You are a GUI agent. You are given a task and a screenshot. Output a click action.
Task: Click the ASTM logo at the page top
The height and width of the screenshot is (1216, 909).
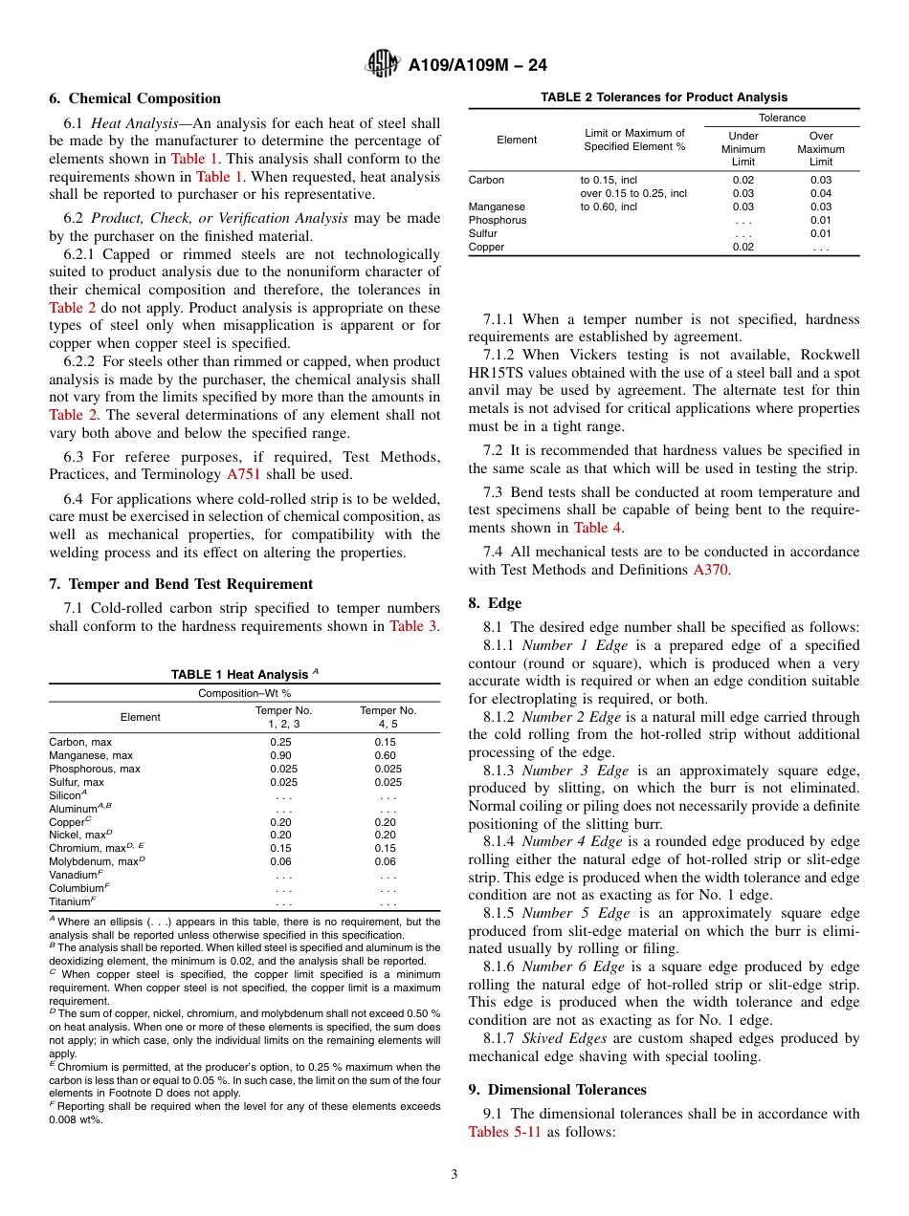[x=384, y=65]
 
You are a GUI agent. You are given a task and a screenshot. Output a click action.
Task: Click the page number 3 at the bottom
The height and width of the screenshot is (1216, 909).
[x=454, y=1174]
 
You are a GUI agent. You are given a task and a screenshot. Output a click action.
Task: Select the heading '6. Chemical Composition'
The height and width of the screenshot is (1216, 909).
[x=135, y=98]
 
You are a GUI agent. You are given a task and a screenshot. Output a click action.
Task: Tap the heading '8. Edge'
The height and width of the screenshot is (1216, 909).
[x=495, y=603]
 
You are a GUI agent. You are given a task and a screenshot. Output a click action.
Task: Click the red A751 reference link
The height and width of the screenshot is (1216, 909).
[x=243, y=474]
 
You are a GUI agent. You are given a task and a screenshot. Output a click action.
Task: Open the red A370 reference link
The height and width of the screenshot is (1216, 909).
[x=710, y=570]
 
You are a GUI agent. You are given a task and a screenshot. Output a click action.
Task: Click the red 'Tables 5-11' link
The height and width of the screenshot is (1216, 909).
[x=505, y=1132]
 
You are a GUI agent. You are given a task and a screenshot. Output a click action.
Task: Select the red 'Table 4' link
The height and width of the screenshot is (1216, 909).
[x=597, y=528]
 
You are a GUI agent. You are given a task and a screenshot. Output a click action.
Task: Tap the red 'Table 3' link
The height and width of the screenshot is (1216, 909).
[x=413, y=626]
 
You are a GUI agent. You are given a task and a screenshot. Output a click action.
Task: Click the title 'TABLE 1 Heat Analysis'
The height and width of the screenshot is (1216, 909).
[x=244, y=675]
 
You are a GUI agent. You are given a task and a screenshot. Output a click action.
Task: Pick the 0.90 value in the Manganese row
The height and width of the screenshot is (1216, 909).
[x=281, y=755]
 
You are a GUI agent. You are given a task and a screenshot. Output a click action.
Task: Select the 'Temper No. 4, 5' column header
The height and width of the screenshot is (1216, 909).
[x=388, y=717]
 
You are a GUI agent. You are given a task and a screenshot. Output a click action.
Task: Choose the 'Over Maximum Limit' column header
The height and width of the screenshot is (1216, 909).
[x=820, y=149]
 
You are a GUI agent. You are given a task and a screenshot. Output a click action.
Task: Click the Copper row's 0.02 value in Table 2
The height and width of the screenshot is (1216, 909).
[x=743, y=247]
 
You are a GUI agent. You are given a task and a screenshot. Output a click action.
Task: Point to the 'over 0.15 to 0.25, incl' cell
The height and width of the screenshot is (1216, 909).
[x=633, y=193]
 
